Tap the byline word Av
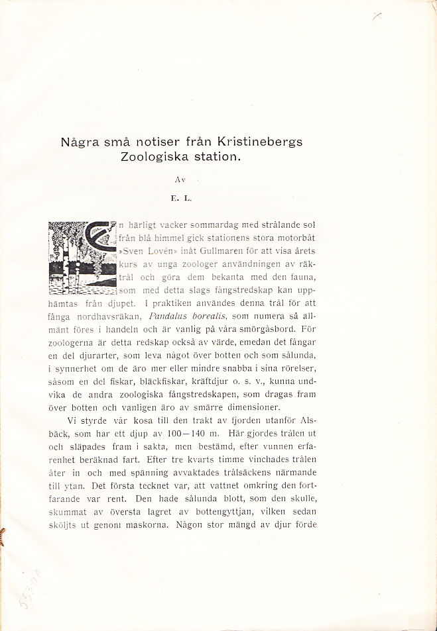click(x=179, y=179)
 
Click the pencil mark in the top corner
click(x=377, y=18)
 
